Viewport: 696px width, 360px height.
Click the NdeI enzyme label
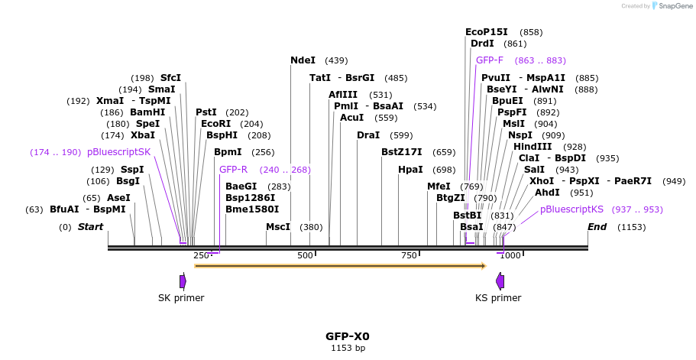point(303,60)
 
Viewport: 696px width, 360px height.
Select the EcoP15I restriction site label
point(486,32)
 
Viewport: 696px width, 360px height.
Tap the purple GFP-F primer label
point(490,60)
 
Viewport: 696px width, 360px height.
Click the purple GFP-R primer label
point(233,170)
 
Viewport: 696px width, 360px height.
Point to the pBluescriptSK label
point(119,152)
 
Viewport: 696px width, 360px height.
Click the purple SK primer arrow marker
point(183,281)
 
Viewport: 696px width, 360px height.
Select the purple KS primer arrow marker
point(500,281)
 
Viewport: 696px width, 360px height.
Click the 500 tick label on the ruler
point(306,255)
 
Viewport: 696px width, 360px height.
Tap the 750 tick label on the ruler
point(410,255)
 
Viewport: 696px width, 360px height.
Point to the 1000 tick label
point(510,255)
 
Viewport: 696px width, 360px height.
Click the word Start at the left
point(90,227)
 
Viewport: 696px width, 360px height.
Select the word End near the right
point(597,227)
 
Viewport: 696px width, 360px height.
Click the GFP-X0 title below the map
point(348,336)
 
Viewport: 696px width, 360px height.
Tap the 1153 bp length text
point(348,348)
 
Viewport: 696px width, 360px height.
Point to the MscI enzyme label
point(278,227)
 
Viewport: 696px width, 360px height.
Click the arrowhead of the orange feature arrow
point(483,266)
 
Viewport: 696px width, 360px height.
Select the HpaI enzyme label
point(410,170)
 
